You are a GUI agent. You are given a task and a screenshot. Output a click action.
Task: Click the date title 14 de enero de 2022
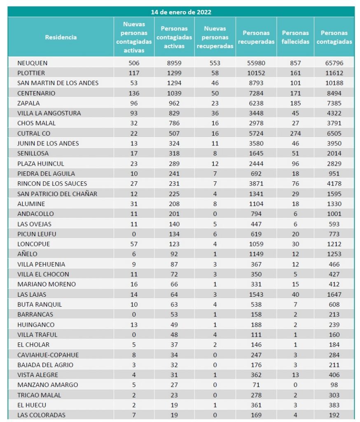point(181,12)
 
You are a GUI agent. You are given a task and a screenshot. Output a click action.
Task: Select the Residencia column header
point(61,37)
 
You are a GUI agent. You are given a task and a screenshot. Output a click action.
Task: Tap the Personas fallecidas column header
point(295,37)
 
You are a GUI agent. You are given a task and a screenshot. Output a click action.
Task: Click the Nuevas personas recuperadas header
point(215,37)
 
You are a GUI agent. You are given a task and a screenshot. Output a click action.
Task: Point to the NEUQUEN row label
point(33,63)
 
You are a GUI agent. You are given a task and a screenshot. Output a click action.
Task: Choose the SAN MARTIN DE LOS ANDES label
point(58,83)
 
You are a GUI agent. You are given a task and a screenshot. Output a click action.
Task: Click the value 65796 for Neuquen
point(334,63)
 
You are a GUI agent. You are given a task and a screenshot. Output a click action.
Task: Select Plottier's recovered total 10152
point(256,73)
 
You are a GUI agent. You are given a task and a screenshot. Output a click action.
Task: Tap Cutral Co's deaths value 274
point(295,133)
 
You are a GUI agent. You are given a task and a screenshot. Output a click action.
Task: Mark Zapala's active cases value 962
point(174,103)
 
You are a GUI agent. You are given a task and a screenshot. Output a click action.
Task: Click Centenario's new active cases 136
point(134,93)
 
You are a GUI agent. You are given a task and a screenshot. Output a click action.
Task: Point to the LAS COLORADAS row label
point(41,415)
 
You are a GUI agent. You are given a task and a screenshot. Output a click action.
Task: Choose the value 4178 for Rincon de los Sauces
point(334,183)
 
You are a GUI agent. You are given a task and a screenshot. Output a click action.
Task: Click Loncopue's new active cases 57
point(134,244)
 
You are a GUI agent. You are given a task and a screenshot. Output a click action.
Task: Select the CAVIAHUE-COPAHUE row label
point(48,354)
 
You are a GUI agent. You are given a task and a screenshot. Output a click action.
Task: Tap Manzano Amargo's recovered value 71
point(256,384)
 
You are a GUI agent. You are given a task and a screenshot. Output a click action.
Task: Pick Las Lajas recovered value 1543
point(256,294)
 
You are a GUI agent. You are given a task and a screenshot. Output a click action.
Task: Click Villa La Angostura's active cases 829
point(174,113)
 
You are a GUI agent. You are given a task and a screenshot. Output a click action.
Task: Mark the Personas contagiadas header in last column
point(334,37)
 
